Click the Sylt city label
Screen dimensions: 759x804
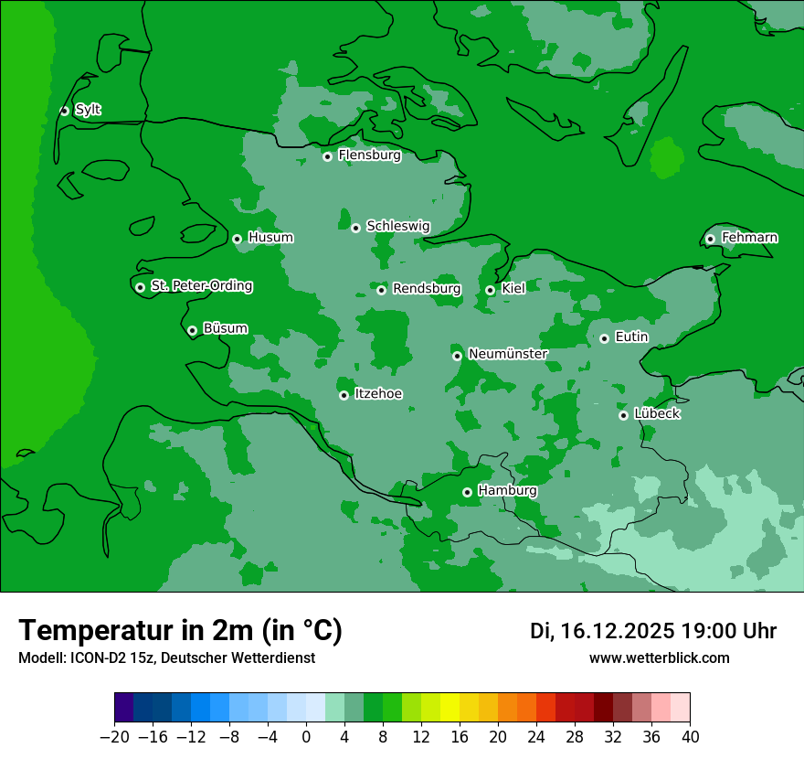click(x=88, y=110)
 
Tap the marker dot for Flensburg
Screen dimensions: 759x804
click(x=327, y=156)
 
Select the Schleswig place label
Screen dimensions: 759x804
click(x=397, y=226)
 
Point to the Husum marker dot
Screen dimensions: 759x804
click(x=237, y=239)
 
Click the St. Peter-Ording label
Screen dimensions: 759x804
click(x=201, y=286)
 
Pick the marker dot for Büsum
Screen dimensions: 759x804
click(x=192, y=331)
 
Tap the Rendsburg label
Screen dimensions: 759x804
click(x=426, y=289)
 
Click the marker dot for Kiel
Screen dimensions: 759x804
click(x=490, y=290)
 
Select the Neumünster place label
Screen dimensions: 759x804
click(x=507, y=354)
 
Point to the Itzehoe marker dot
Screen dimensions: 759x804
click(x=344, y=395)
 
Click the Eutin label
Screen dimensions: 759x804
click(x=631, y=337)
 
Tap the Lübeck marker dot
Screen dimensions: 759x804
click(x=623, y=415)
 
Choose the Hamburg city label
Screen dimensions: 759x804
click(x=507, y=491)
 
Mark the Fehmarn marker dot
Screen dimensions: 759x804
click(x=710, y=239)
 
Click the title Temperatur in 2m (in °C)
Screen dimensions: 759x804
click(x=180, y=631)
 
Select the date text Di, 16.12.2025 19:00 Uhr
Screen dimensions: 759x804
click(x=653, y=631)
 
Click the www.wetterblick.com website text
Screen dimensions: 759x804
click(x=659, y=658)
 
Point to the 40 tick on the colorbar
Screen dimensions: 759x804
click(x=690, y=737)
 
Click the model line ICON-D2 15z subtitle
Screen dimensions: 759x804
click(x=166, y=658)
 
